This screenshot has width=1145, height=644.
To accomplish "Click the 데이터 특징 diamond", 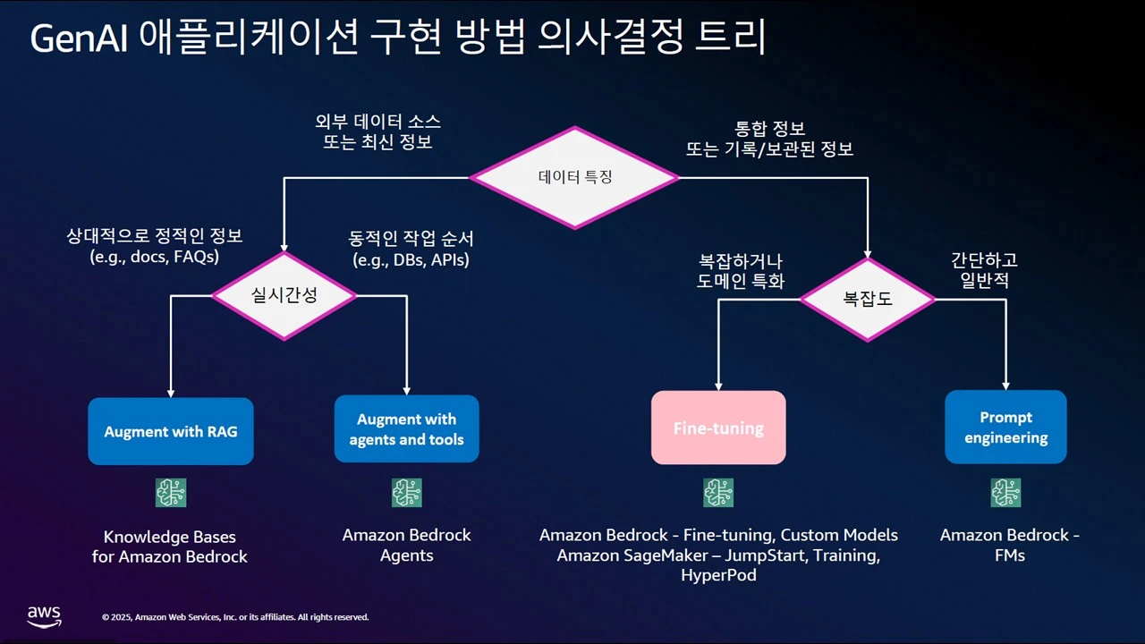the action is tap(574, 177).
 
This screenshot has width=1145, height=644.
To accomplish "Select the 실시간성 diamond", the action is tap(284, 295).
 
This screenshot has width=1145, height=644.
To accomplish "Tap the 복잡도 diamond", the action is tap(868, 300).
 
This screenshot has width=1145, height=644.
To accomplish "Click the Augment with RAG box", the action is tap(171, 431).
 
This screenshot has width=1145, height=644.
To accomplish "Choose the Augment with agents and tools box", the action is tap(406, 428).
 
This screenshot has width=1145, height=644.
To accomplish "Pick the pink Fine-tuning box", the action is tap(718, 428).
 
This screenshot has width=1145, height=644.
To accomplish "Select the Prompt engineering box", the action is tap(1005, 428).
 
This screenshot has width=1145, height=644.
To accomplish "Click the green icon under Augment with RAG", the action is tap(171, 493).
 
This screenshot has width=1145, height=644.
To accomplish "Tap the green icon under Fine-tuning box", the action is tap(718, 493).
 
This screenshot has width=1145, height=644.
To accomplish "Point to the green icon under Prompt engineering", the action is tap(1005, 493).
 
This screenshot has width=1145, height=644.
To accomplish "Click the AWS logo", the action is tap(44, 616).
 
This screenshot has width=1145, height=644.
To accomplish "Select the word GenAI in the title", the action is tap(78, 38).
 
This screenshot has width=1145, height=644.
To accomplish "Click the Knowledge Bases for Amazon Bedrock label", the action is tap(170, 547).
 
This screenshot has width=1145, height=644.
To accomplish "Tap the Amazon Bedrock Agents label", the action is tap(406, 545).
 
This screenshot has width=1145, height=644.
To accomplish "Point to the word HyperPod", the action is tap(718, 575).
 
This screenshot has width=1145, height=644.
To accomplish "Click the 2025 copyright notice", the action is tap(235, 617).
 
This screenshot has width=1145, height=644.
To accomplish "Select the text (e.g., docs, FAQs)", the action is tap(155, 257).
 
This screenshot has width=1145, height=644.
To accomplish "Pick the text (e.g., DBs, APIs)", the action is tap(411, 260).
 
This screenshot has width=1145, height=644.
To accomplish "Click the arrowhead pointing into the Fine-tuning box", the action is tap(718, 386).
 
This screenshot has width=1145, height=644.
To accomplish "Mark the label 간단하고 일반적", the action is tap(984, 270).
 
